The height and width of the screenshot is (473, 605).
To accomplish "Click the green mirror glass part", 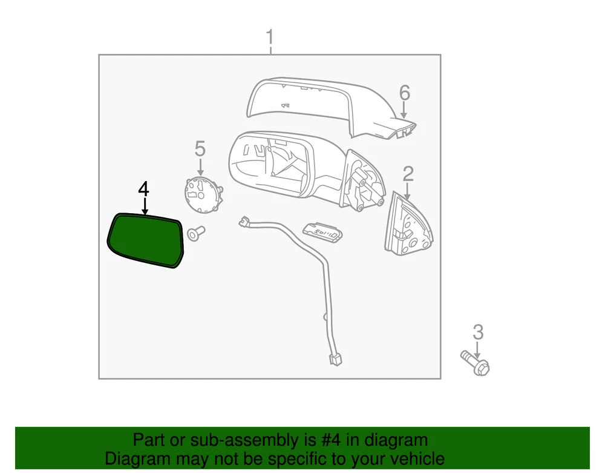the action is point(146,240).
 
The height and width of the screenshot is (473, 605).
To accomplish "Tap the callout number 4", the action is point(143,189).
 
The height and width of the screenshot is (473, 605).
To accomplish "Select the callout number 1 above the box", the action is point(270,38).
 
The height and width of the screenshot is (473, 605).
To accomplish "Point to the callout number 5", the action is point(200,148).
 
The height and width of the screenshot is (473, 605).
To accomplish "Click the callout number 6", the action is point(404,93).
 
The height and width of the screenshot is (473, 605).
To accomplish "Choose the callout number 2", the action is point(408,174).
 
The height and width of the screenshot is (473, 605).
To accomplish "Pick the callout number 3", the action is point(478,332).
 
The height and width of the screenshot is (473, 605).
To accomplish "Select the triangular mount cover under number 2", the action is point(408,224).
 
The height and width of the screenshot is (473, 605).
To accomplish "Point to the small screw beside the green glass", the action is point(195,233).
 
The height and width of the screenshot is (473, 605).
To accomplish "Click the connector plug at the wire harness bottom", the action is point(335,360).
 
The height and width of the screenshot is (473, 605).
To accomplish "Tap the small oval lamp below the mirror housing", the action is point(322,233).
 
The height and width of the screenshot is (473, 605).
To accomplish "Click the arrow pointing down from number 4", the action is point(145,207).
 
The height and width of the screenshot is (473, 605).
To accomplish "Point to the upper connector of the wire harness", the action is point(244,222).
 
